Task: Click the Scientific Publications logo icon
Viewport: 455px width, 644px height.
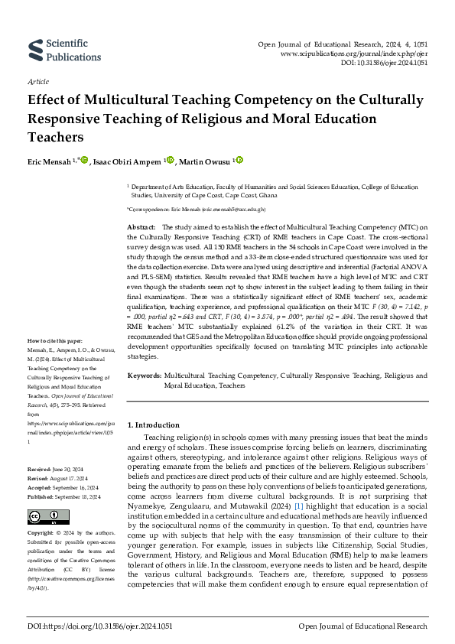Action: click(35, 47)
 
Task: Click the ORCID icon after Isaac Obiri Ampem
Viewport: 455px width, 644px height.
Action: click(171, 161)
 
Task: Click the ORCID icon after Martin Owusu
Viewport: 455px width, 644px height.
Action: click(239, 161)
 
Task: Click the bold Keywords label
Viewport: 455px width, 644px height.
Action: click(143, 376)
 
